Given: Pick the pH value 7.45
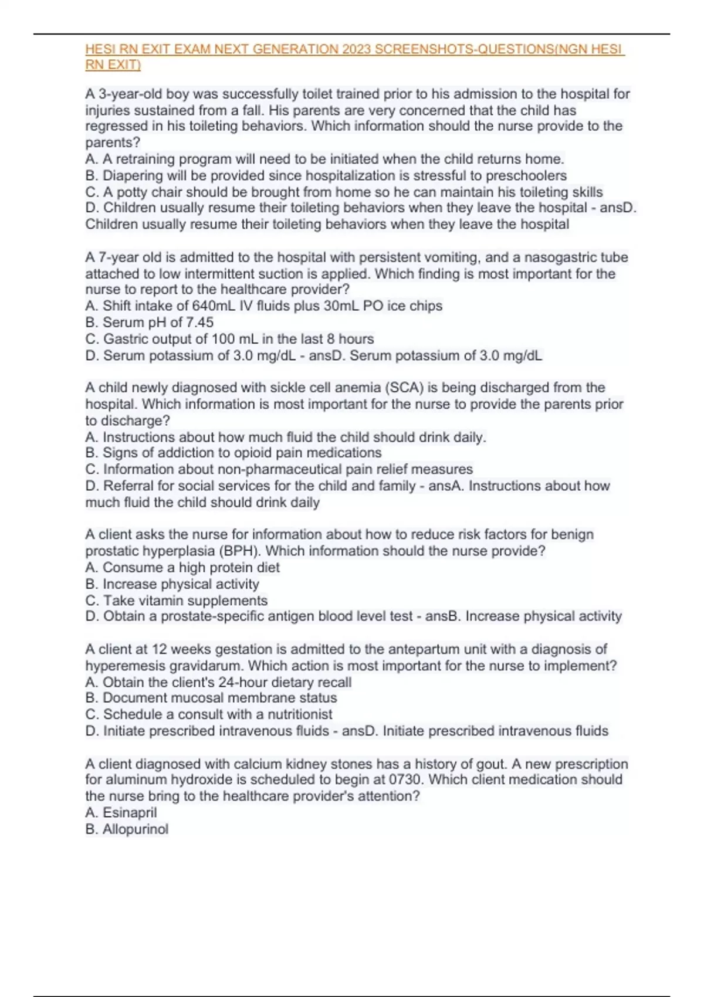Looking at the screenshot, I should (x=200, y=322).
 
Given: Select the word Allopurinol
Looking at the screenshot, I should (x=135, y=829).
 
